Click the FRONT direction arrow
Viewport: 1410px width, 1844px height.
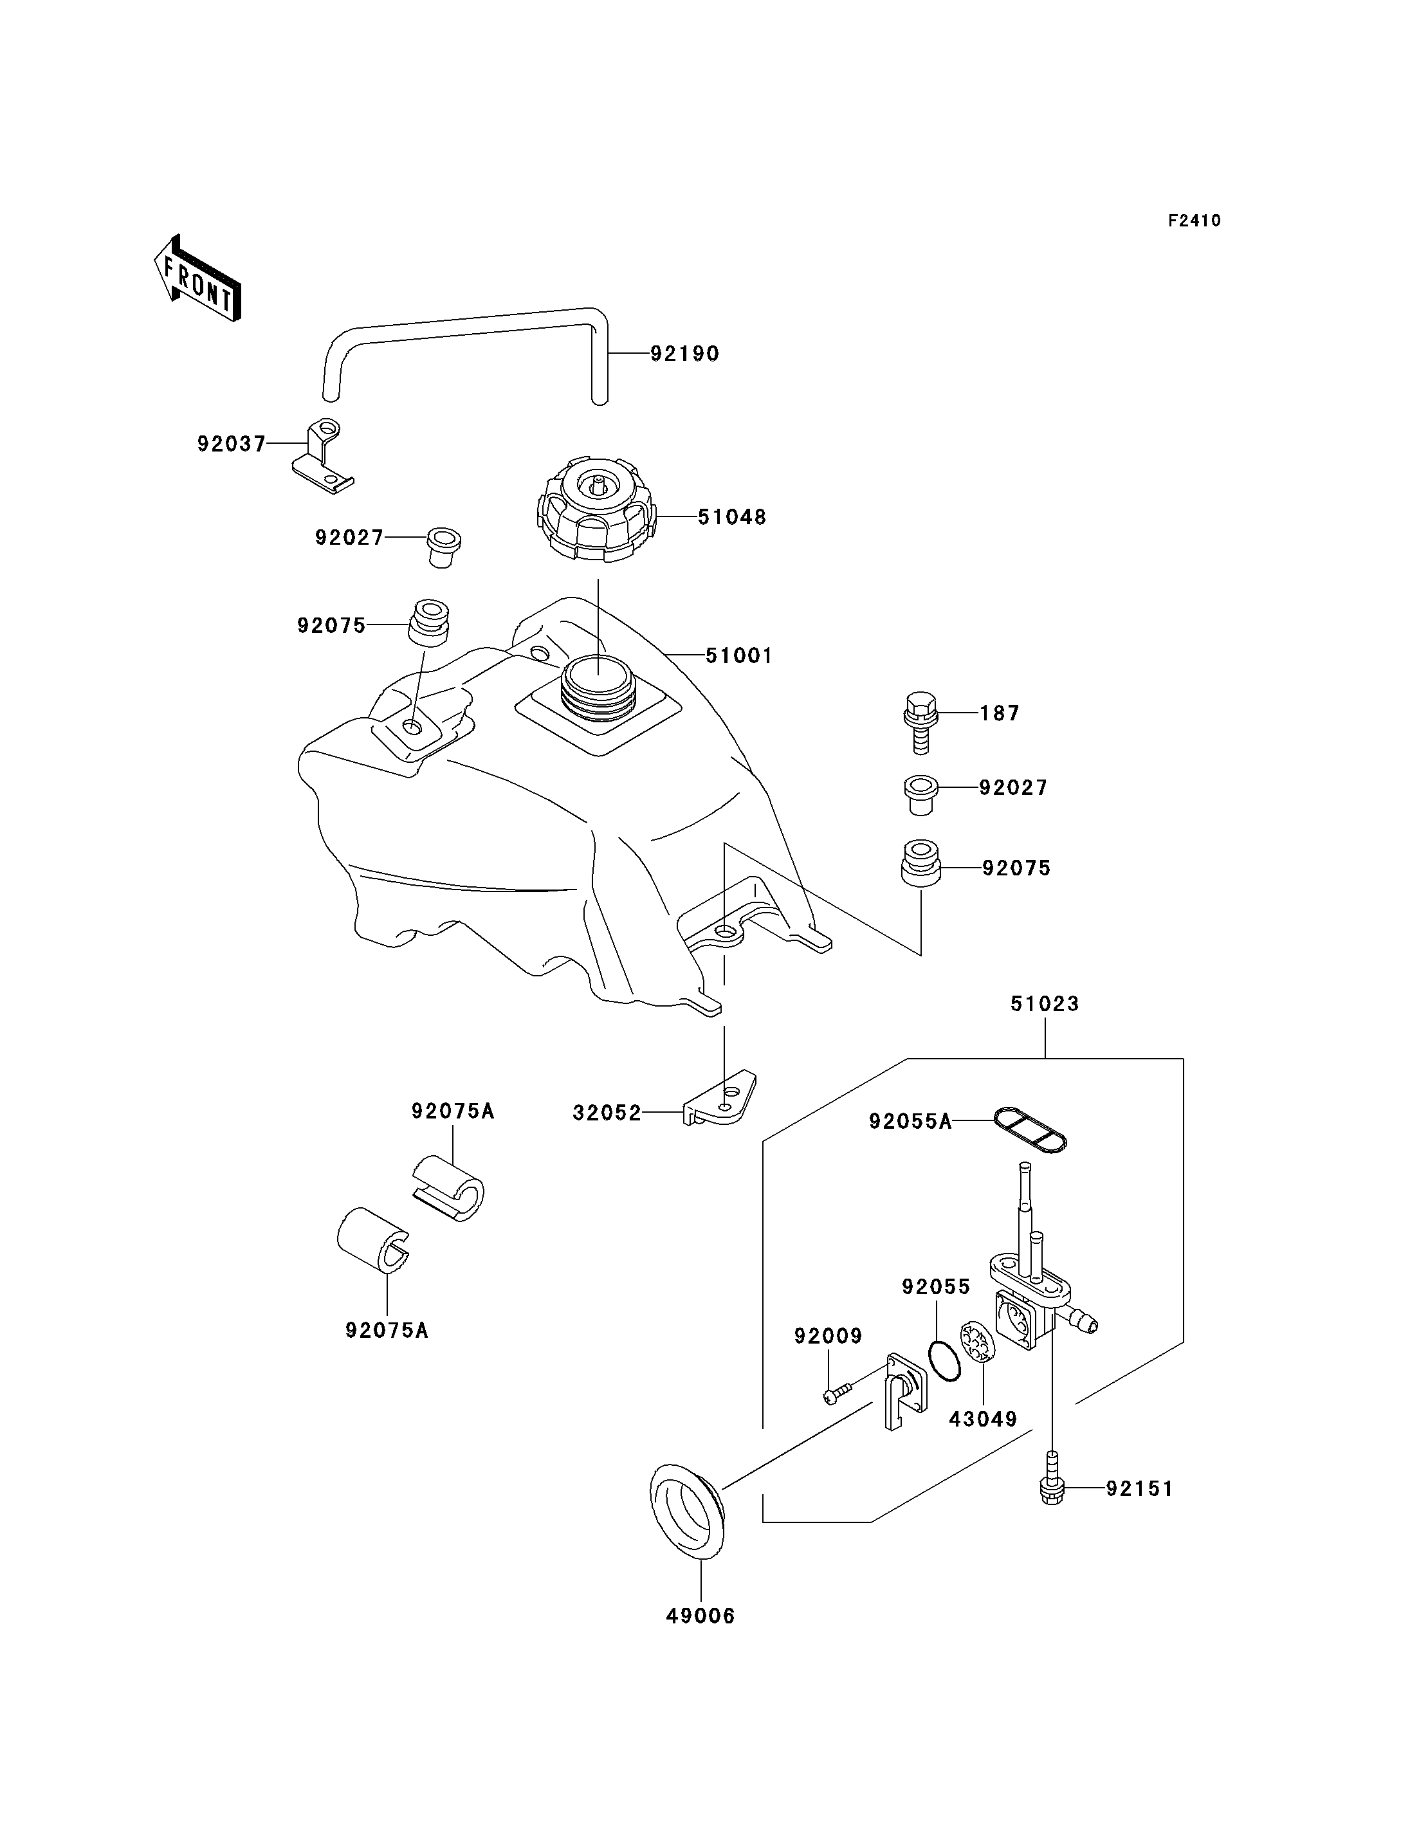(x=198, y=280)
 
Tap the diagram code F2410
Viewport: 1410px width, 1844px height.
(x=1195, y=221)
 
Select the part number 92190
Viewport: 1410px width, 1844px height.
(x=685, y=354)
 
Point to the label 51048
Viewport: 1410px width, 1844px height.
(x=732, y=517)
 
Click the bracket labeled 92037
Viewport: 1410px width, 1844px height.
(x=323, y=457)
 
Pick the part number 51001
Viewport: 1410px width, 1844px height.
(x=738, y=655)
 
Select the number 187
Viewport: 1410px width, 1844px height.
(x=1000, y=713)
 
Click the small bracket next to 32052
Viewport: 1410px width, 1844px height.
(x=720, y=1098)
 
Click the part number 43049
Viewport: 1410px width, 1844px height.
(x=983, y=1420)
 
